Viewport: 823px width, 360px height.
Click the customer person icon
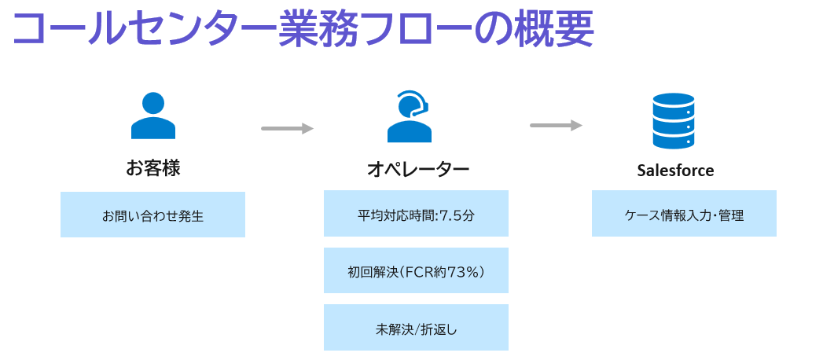[x=153, y=116]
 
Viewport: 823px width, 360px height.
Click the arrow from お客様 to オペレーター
[x=287, y=128]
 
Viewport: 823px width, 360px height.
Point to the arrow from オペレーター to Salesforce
[x=556, y=125]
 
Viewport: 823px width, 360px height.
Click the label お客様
[x=153, y=168]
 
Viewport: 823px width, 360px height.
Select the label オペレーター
[x=418, y=169]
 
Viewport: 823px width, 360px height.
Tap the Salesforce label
[x=675, y=170]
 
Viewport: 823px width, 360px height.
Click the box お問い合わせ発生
[x=152, y=215]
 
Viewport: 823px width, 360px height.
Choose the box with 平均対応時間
[x=416, y=214]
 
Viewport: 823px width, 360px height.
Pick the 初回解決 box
[x=416, y=271]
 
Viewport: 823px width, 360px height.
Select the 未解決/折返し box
[x=416, y=328]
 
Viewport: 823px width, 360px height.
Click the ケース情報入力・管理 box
[x=684, y=214]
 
